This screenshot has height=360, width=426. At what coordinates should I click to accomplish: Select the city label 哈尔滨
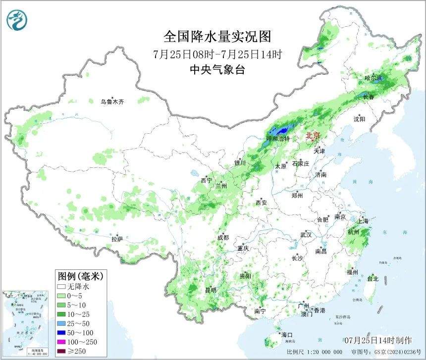[373, 78]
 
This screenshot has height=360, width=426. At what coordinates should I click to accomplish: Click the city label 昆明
[211, 290]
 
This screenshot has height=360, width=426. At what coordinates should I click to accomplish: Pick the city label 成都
[223, 238]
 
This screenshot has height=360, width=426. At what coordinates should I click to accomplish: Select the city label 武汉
[306, 235]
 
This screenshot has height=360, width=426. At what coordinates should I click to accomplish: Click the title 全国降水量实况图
[217, 37]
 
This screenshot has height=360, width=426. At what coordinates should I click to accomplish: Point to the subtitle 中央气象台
[217, 70]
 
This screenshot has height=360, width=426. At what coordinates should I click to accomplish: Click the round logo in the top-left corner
[18, 19]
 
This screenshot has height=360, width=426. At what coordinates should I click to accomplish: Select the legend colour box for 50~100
[62, 333]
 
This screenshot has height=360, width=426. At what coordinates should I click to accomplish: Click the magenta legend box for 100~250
[62, 342]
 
